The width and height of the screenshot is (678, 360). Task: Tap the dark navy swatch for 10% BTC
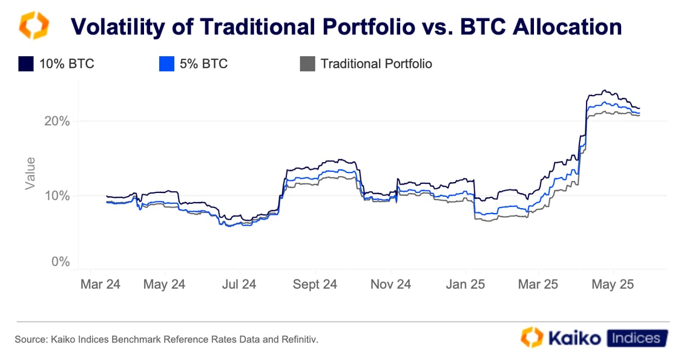coord(25,64)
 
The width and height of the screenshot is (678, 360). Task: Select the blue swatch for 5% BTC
coord(166,64)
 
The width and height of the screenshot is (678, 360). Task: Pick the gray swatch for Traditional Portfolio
coord(308,64)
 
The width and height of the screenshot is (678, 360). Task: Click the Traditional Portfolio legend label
coord(376,64)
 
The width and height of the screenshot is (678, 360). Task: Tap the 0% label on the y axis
coord(60,262)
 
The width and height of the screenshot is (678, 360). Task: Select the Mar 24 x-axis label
coord(100,284)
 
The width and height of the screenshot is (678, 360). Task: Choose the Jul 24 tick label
coord(240,284)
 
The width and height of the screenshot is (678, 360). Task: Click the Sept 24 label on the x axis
coord(314,284)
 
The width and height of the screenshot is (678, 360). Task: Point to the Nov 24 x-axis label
coord(390,284)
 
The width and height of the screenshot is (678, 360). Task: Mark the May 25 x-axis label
coord(613,284)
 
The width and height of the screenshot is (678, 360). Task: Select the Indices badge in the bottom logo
coord(637,338)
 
